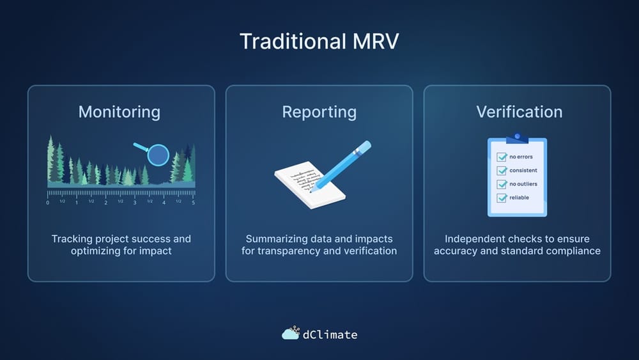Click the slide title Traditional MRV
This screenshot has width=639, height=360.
(319, 42)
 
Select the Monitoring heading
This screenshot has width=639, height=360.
(119, 112)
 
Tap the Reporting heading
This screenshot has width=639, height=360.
(319, 112)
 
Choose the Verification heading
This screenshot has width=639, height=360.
(519, 112)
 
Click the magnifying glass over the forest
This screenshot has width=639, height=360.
(157, 154)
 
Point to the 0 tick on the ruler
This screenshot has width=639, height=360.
(47, 202)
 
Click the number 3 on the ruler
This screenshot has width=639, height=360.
(135, 202)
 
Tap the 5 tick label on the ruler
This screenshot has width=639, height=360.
(193, 202)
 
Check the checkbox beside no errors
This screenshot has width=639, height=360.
(502, 157)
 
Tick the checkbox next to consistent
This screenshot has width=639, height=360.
(502, 171)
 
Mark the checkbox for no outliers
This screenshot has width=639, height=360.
(502, 184)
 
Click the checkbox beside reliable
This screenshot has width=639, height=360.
(502, 198)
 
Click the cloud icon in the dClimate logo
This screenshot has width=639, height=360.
(291, 333)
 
